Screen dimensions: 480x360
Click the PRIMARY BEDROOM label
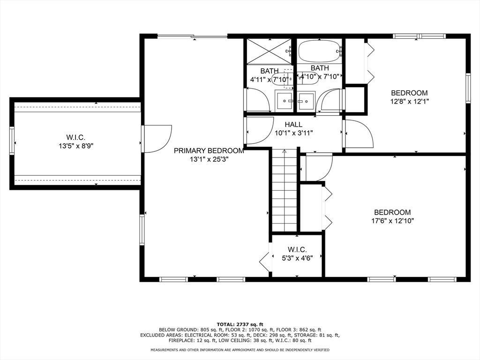(209, 150)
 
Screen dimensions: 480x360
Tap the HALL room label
(293, 125)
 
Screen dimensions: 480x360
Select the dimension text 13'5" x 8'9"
(76, 146)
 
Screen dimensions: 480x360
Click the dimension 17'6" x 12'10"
(392, 221)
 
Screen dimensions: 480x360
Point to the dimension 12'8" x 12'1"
(409, 101)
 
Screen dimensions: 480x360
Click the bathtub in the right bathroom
(320, 51)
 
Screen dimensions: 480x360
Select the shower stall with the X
(270, 51)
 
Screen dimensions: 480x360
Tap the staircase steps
(285, 190)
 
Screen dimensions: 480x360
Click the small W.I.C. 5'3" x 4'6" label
(297, 254)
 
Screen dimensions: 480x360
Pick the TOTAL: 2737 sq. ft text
(240, 324)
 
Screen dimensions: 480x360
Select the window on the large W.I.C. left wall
(12, 140)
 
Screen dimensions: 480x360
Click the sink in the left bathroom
(285, 100)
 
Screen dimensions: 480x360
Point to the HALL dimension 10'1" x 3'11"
(294, 133)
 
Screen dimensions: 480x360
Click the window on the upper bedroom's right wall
(468, 88)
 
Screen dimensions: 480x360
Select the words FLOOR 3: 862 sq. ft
(299, 330)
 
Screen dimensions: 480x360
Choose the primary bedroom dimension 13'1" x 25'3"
(209, 159)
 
